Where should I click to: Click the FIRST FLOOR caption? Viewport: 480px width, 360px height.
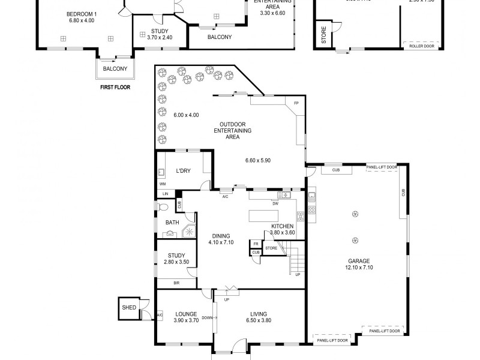click(115, 87)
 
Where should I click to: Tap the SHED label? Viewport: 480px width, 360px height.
click(129, 308)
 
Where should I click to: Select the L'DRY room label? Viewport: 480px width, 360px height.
click(183, 171)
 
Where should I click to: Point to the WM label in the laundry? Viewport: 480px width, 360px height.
click(163, 184)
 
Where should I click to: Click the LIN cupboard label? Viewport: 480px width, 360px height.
click(165, 194)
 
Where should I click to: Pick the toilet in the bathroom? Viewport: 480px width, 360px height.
click(163, 207)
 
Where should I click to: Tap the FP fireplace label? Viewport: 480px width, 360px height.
click(296, 104)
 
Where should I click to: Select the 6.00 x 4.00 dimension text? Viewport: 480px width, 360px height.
click(186, 115)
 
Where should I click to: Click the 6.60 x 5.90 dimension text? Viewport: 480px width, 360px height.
click(259, 160)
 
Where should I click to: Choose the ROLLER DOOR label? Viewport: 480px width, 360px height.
click(422, 45)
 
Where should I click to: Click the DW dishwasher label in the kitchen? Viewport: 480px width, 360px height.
click(275, 203)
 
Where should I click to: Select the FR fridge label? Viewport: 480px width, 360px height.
click(255, 244)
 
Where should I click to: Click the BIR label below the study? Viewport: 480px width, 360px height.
click(176, 283)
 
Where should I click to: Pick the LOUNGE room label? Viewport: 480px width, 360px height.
click(186, 314)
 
